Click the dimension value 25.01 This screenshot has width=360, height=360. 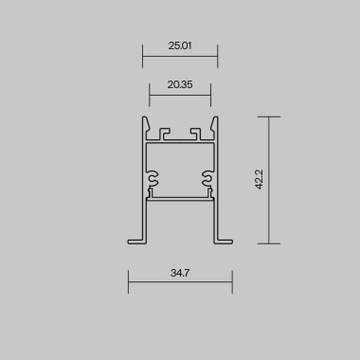tap(180, 45)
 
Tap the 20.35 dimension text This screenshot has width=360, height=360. tap(180, 84)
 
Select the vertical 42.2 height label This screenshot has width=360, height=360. tap(259, 180)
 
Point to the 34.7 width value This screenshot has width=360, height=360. tap(181, 273)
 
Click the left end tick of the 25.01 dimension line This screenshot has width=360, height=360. tap(143, 56)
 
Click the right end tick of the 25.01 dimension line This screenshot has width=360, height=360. tap(217, 56)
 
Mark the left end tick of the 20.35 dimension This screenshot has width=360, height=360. tap(150, 94)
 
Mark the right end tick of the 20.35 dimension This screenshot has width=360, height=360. tap(210, 94)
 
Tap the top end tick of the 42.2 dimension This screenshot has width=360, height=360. tap(269, 117)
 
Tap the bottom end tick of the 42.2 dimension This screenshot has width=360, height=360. tap(269, 243)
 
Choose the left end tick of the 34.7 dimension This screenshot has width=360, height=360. tap(129, 281)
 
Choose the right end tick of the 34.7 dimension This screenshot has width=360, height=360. tap(232, 281)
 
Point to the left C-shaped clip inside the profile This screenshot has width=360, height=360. tap(154, 176)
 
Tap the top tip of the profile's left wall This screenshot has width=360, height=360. tap(146, 118)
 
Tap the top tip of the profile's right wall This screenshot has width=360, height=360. tap(214, 118)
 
